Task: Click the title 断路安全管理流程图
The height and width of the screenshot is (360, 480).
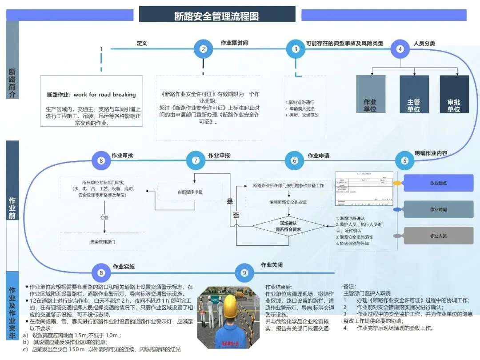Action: (217, 16)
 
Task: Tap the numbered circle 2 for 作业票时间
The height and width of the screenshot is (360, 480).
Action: (203, 49)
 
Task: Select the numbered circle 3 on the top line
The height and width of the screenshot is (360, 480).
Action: (296, 49)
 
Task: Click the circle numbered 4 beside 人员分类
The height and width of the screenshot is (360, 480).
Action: (400, 49)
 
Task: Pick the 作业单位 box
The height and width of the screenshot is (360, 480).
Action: (370, 94)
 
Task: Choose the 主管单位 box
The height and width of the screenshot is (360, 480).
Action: (414, 94)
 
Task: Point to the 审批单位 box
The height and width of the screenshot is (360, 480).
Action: (454, 94)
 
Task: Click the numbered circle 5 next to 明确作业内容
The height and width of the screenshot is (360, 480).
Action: (404, 160)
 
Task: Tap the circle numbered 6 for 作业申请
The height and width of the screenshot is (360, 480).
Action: (294, 160)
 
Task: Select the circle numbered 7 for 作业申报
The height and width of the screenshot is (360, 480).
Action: (196, 160)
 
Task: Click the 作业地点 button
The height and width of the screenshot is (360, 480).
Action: (438, 183)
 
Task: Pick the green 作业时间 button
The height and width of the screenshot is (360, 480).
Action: (438, 209)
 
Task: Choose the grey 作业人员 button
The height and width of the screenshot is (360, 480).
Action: (438, 236)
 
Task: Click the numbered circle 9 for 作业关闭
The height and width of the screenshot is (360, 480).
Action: (244, 273)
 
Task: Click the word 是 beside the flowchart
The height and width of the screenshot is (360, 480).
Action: (230, 201)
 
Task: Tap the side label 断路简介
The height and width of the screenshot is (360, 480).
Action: (12, 83)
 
